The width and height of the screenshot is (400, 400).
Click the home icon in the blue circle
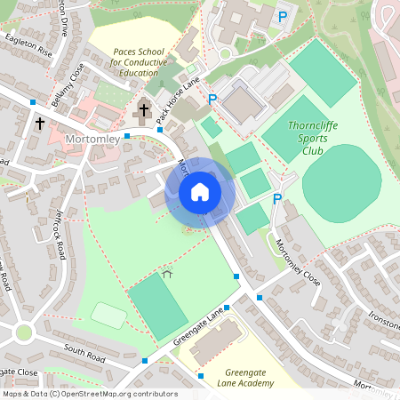[x=199, y=191]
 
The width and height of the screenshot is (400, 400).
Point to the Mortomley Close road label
[x=297, y=257]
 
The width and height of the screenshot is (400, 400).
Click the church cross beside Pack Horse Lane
[x=143, y=111]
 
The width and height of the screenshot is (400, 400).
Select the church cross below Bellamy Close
[x=40, y=124]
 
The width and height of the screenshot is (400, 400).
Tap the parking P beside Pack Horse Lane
[x=212, y=100]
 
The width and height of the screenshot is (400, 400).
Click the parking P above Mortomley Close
[x=277, y=199]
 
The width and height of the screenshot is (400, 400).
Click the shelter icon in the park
[x=166, y=276]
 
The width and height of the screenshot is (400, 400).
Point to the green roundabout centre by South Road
[x=24, y=332]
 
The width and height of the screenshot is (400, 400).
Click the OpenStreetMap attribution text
[x=90, y=394]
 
